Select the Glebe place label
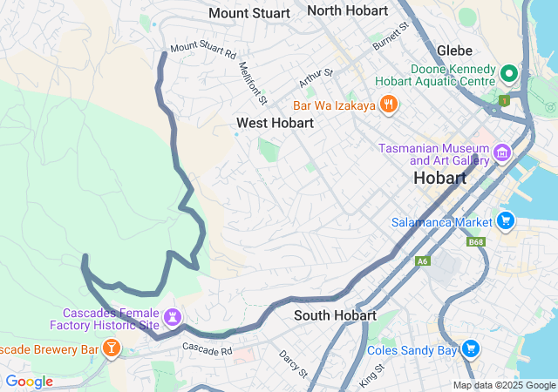click(x=454, y=51)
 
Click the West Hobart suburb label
click(x=275, y=123)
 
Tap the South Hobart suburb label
click(x=335, y=314)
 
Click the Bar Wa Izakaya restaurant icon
click(x=389, y=105)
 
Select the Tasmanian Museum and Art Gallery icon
click(x=501, y=154)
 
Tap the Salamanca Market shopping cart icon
click(x=505, y=221)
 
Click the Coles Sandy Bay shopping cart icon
click(x=471, y=349)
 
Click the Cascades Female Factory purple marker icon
click(x=173, y=315)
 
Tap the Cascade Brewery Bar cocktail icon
click(x=111, y=349)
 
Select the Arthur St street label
click(x=316, y=78)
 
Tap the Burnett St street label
click(x=391, y=36)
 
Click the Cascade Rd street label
click(x=207, y=348)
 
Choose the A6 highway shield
click(x=422, y=260)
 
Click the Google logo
click(x=29, y=382)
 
